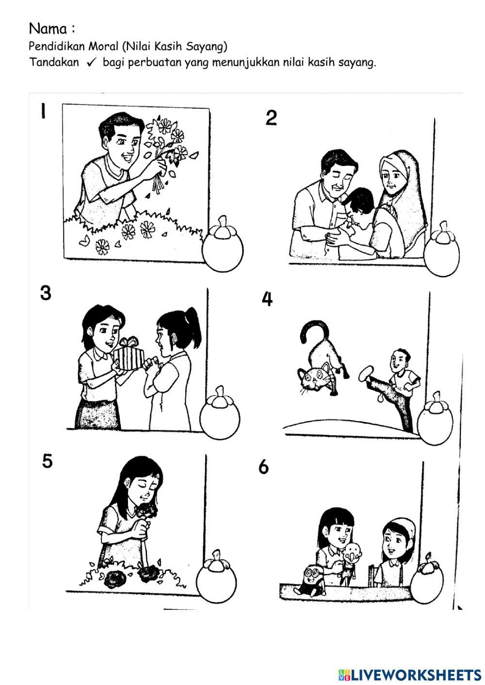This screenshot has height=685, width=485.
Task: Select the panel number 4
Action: (x=267, y=299)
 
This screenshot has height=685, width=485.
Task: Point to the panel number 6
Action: (x=263, y=467)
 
